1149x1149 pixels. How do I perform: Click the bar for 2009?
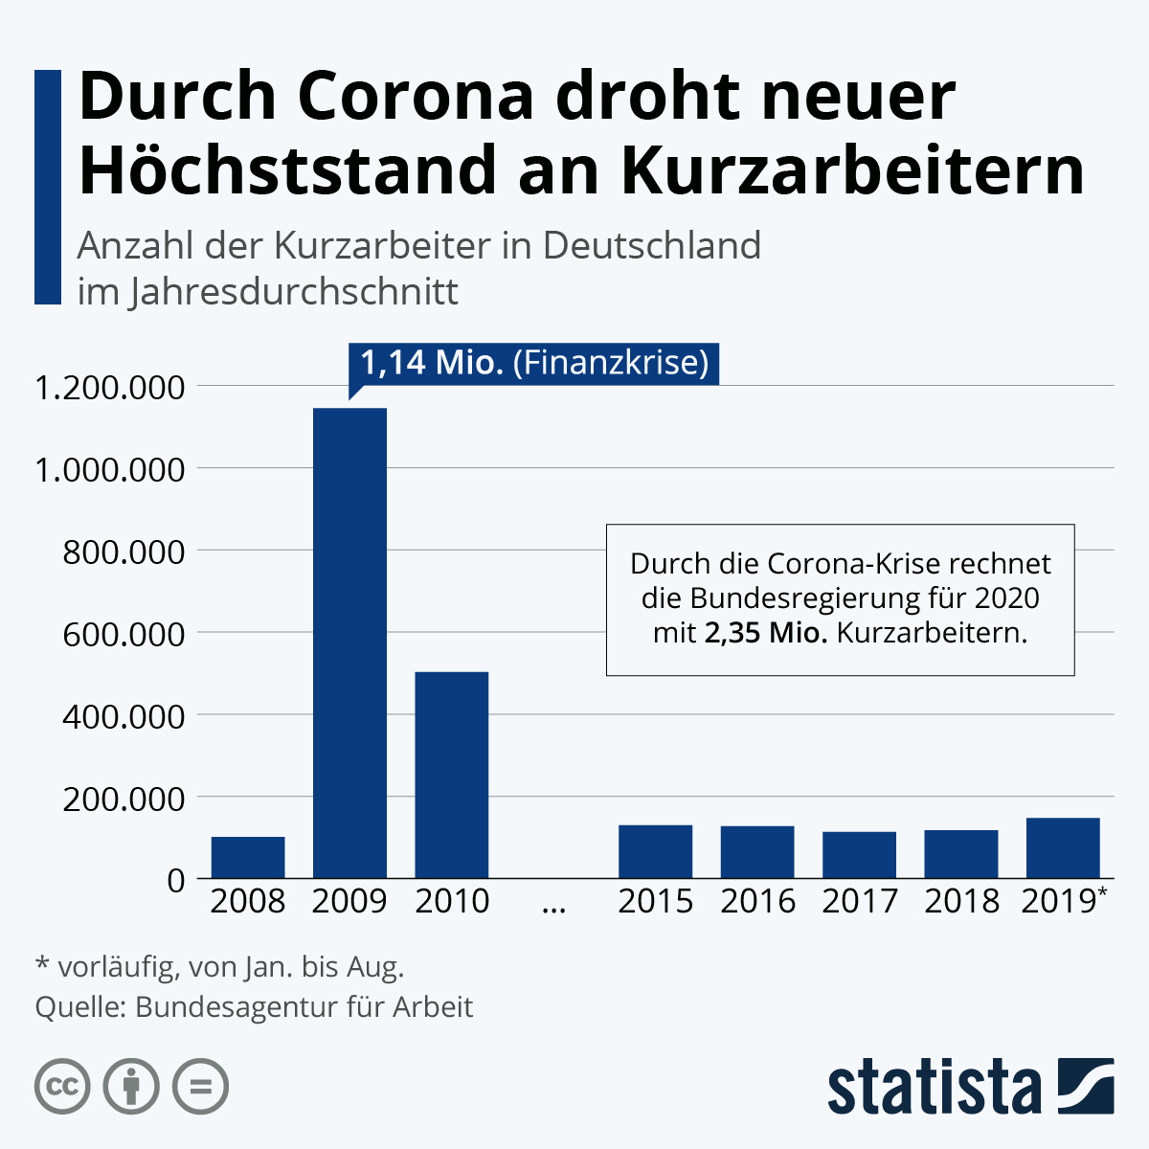[x=349, y=642]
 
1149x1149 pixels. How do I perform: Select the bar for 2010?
[x=451, y=775]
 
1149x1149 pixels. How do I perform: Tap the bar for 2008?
[x=248, y=857]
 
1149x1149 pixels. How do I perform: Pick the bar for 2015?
[x=655, y=851]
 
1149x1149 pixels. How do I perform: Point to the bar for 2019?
[x=1062, y=847]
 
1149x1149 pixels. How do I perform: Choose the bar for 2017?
[x=859, y=854]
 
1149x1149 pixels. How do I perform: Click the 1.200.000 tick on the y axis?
[x=109, y=388]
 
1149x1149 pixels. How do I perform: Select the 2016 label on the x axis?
[x=757, y=901]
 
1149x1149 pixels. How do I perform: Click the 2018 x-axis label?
[x=961, y=901]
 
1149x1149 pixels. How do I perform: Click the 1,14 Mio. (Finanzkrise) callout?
[x=533, y=364]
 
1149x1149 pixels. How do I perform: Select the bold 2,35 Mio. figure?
[x=766, y=633]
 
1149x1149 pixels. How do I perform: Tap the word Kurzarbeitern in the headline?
[x=852, y=170]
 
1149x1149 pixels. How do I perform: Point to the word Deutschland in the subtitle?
[x=651, y=246]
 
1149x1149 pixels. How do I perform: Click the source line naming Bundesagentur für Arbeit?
[x=254, y=1007]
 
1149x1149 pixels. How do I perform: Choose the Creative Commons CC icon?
[x=62, y=1087]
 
